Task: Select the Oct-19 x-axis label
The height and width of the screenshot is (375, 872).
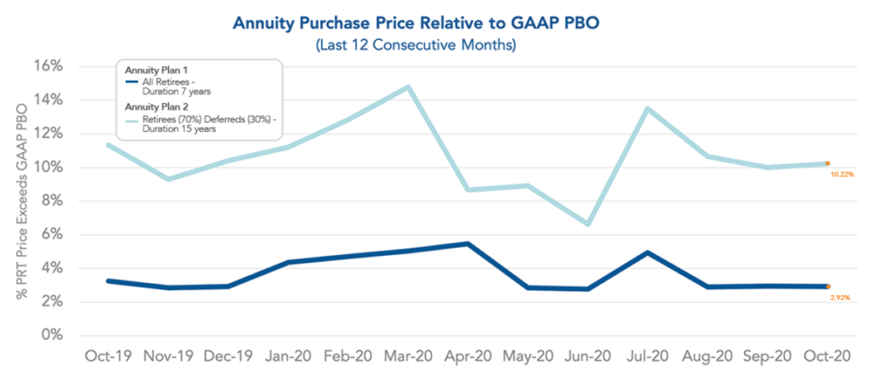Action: coord(106,355)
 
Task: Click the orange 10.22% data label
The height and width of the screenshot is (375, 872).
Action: coord(840,174)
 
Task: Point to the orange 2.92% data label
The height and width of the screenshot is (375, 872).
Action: coord(840,298)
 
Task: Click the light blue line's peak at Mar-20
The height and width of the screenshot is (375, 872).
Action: coord(410,87)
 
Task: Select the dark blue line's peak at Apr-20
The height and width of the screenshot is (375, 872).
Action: coord(466,244)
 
